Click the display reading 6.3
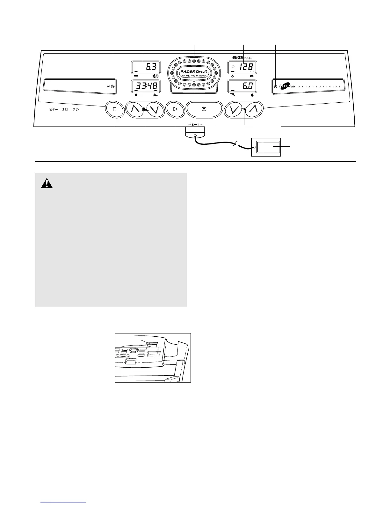146,68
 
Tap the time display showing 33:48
146,86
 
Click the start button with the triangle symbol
175,109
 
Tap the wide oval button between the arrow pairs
204,109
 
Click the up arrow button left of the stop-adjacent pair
135,109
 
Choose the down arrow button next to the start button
155,109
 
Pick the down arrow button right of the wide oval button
234,109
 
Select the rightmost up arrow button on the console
254,109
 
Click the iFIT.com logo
286,86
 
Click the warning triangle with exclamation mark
47,183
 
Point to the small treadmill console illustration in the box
153,357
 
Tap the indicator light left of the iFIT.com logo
275,86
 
